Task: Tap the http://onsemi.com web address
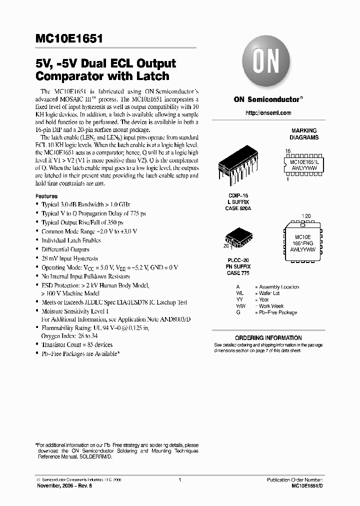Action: click(268, 113)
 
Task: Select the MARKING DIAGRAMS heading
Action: click(304, 134)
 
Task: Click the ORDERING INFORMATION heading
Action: click(268, 338)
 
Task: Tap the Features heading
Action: click(46, 196)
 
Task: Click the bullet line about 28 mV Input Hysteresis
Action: click(69, 258)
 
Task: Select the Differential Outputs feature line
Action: click(65, 249)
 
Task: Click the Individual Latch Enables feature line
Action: click(71, 240)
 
